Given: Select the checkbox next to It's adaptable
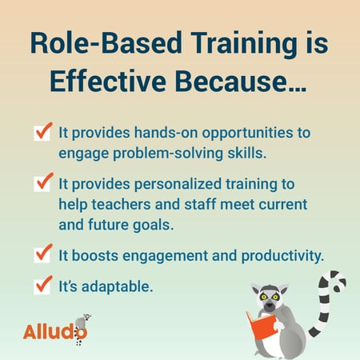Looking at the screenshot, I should [x=44, y=283].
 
